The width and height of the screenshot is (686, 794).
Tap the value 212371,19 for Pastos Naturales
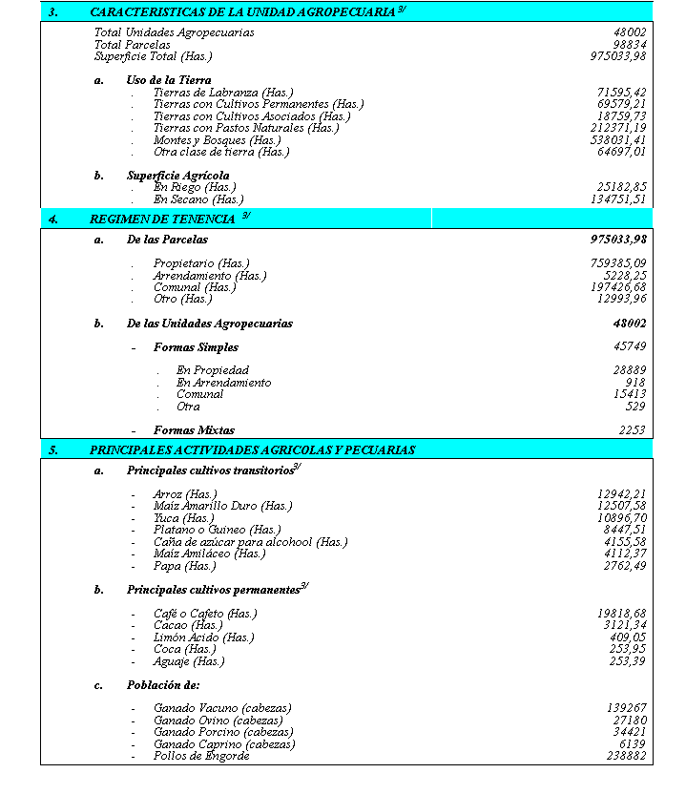(x=618, y=128)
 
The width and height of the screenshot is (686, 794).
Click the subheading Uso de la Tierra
(x=169, y=80)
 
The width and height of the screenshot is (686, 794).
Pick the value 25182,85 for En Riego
(x=622, y=188)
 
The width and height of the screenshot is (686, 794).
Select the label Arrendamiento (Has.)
(x=210, y=276)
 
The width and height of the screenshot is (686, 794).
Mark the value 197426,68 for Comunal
(x=618, y=287)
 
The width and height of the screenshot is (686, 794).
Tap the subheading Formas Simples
(x=196, y=347)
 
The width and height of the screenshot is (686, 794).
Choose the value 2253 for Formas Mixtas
(x=633, y=430)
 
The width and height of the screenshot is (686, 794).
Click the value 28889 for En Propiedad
(x=630, y=370)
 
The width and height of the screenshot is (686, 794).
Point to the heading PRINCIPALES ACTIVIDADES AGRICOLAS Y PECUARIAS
(x=252, y=449)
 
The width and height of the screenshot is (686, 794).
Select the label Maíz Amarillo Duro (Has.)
(x=222, y=506)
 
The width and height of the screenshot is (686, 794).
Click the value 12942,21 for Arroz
(x=622, y=494)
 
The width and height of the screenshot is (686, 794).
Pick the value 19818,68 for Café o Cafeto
(x=622, y=614)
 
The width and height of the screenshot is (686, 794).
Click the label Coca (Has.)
(x=184, y=650)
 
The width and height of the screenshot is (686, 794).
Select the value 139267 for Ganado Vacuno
(x=626, y=708)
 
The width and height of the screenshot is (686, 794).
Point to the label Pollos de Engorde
(x=201, y=756)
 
